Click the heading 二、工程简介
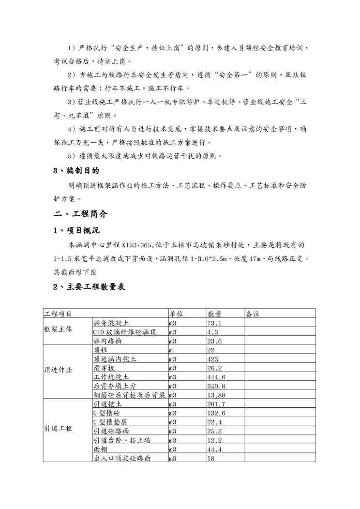pyautogui.click(x=81, y=213)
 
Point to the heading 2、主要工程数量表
pyautogui.click(x=89, y=287)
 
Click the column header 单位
pyautogui.click(x=176, y=314)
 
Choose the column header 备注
pyautogui.click(x=253, y=314)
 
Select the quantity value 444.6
pyautogui.click(x=216, y=377)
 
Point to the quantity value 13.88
pyautogui.click(x=216, y=395)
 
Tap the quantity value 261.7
pyautogui.click(x=216, y=404)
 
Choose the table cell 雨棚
pyautogui.click(x=100, y=449)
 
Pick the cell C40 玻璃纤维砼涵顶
pyautogui.click(x=125, y=332)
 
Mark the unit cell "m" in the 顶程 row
pyautogui.click(x=171, y=350)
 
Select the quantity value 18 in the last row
pyautogui.click(x=211, y=458)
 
